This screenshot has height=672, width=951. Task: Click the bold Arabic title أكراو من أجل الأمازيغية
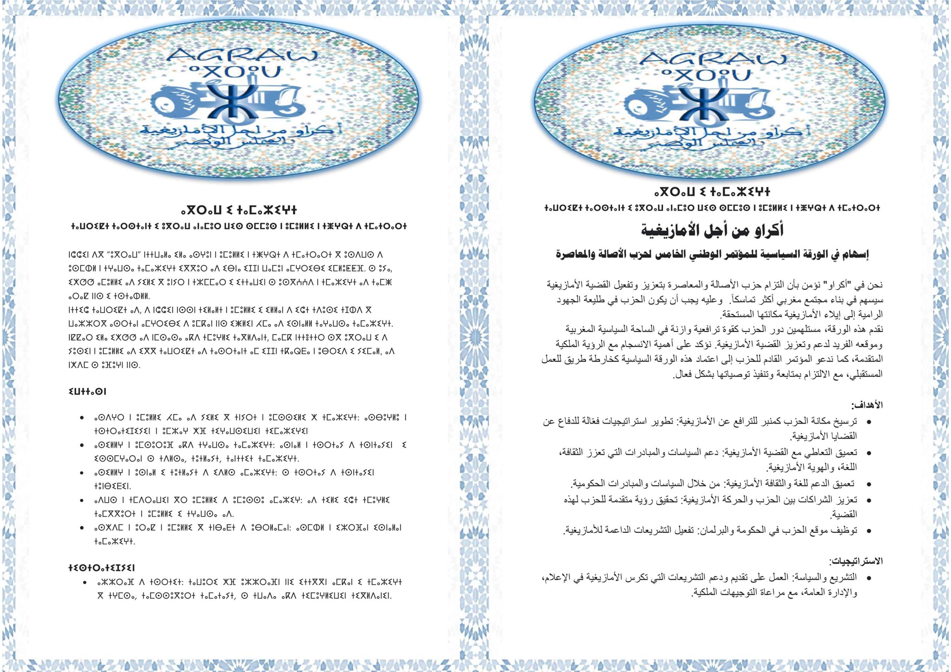(712, 230)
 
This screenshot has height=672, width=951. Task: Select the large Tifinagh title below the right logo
(712, 192)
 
